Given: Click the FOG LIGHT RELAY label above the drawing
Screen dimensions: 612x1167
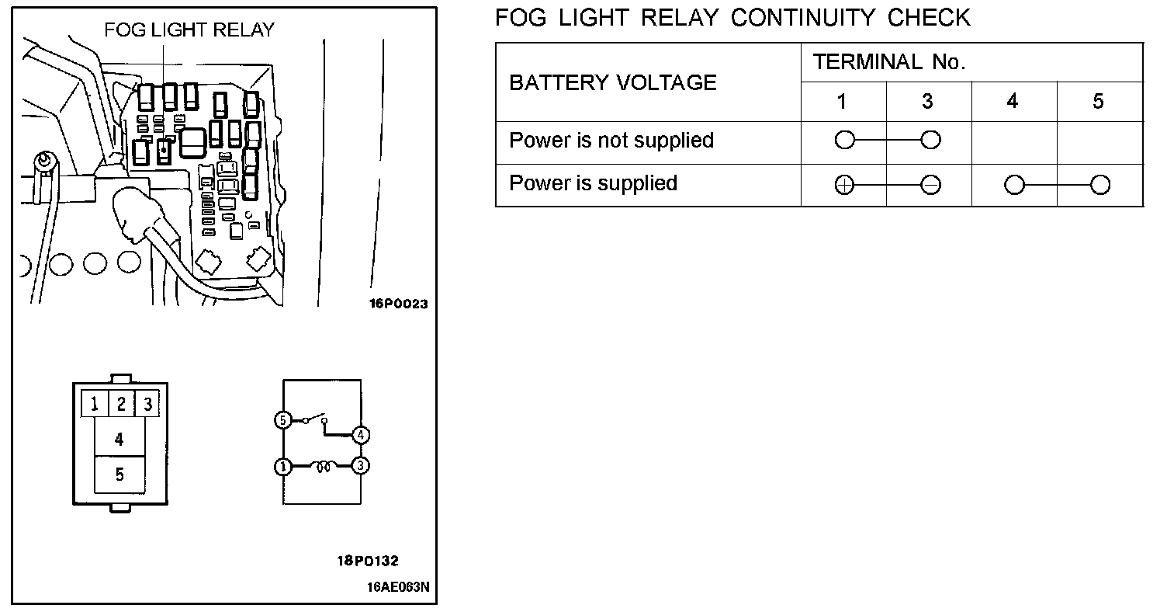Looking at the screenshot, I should point(189,30).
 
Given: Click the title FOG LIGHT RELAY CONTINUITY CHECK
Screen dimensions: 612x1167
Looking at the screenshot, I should point(732,17).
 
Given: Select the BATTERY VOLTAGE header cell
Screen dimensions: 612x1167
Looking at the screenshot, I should point(613,82).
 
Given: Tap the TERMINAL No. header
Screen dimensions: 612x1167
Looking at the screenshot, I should point(889,63).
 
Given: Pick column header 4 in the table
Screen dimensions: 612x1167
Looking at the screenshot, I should point(1013,102).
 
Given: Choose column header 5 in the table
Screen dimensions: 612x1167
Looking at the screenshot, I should point(1098,102).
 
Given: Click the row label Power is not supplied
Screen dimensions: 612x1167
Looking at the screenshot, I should point(611,141).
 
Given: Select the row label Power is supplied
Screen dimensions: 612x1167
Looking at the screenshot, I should point(593,183).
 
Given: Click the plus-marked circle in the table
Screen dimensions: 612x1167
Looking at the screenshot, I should point(844,185).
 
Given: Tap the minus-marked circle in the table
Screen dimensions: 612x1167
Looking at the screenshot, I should point(930,185).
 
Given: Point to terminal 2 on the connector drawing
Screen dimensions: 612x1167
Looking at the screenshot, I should point(121,404).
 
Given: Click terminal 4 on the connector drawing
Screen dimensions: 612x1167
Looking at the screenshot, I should point(119,440).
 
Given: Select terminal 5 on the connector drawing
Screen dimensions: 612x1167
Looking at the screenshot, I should point(119,475).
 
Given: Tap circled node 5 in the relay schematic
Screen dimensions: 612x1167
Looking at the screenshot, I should point(282,420).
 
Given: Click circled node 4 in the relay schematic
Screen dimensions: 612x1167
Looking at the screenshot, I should point(360,435).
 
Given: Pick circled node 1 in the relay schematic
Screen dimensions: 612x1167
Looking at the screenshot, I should point(282,467).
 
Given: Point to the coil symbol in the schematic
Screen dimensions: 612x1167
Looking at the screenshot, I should point(322,466).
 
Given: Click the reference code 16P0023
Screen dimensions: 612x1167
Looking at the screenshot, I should point(398,304).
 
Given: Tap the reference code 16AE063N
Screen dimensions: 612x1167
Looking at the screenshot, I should point(398,587).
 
